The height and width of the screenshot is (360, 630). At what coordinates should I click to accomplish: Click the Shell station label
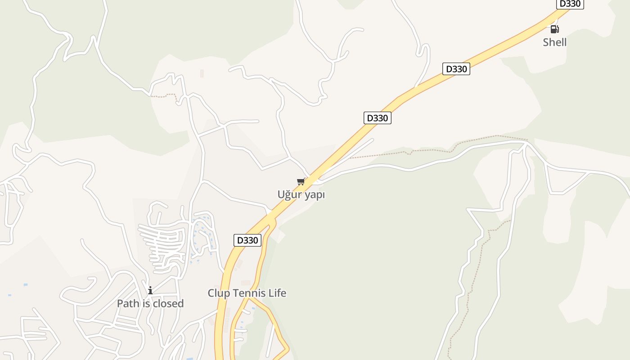pyautogui.click(x=554, y=42)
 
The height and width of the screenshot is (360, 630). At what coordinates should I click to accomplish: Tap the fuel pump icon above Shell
pyautogui.click(x=554, y=29)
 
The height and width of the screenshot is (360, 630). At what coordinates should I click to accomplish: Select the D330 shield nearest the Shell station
pyautogui.click(x=570, y=4)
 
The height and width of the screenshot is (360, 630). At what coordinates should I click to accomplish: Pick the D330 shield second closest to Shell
pyautogui.click(x=456, y=69)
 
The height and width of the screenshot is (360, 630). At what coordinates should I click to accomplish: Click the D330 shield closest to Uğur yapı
pyautogui.click(x=377, y=118)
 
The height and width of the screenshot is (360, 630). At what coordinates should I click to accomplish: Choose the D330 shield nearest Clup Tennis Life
pyautogui.click(x=247, y=240)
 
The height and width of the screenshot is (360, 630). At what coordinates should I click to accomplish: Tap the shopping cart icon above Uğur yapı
pyautogui.click(x=301, y=182)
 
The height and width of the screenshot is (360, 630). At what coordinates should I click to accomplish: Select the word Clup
pyautogui.click(x=218, y=293)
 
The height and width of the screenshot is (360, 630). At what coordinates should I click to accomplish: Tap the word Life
pyautogui.click(x=277, y=293)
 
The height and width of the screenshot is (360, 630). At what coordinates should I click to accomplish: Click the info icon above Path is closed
pyautogui.click(x=150, y=291)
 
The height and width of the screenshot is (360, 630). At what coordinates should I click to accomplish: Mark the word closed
pyautogui.click(x=168, y=303)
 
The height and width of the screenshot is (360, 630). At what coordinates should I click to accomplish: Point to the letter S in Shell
pyautogui.click(x=546, y=42)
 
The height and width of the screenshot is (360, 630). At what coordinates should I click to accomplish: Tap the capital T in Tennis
pyautogui.click(x=235, y=293)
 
